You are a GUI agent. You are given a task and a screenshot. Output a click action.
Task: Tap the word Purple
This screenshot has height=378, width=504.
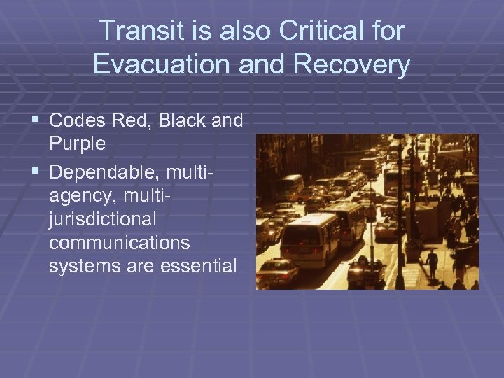click(77, 144)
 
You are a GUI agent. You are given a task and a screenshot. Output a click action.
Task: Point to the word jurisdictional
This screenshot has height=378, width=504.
click(102, 218)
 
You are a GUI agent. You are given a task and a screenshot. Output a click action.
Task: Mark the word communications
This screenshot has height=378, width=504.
click(119, 241)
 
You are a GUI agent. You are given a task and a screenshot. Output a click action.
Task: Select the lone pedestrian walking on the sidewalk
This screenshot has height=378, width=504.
click(433, 262)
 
